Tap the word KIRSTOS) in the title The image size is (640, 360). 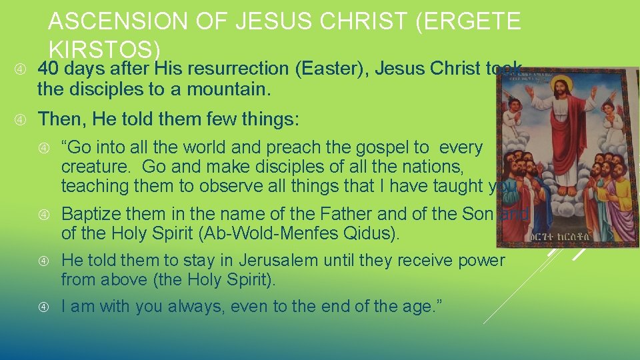click(x=105, y=50)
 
